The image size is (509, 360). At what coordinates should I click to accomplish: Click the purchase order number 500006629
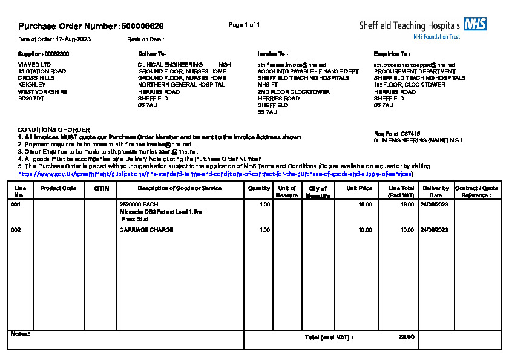pos(142,26)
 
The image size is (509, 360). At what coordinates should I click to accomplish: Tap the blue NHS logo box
pos(475,24)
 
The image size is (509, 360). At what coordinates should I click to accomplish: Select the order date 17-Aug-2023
pos(73,39)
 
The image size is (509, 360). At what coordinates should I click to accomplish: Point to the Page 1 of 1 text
pos(245,25)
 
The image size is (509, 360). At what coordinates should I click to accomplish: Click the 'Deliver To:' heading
pos(152,54)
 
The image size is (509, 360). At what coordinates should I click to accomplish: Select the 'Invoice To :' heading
pos(272,54)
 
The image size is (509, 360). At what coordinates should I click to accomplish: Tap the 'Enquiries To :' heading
pos(392,54)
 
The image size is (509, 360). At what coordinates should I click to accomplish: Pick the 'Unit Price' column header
pos(359,188)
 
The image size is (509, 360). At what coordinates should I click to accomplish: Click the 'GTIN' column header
pos(101,188)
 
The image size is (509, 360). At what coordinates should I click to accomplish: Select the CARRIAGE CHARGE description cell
pos(146,230)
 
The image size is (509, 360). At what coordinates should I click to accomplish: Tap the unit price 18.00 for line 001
pos(365,205)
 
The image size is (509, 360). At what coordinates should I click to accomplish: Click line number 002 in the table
pos(16,230)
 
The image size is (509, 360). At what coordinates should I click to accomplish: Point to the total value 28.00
pos(406,337)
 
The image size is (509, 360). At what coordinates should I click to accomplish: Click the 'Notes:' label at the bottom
pos(21,333)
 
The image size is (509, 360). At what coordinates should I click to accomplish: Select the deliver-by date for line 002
pos(433,230)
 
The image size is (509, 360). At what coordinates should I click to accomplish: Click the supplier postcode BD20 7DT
pos(31,98)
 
